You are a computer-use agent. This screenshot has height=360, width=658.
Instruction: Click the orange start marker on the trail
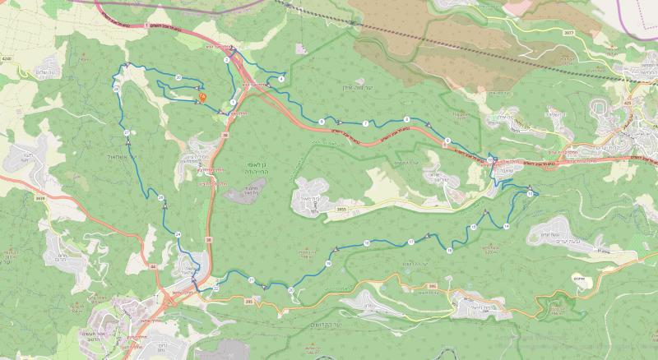click(202, 98)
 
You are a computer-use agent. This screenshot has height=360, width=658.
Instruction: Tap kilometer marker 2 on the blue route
click(225, 60)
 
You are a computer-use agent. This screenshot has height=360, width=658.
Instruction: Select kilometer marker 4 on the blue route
click(281, 78)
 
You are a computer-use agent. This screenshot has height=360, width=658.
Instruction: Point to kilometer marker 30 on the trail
click(178, 76)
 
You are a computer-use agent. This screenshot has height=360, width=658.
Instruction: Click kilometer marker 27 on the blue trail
click(126, 132)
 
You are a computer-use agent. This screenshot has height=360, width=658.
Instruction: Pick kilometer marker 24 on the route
click(178, 235)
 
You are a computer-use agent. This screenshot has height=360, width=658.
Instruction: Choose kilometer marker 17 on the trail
click(410, 242)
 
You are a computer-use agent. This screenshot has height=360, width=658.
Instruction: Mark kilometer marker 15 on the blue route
click(474, 227)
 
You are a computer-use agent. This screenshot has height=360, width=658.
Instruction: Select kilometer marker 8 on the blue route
click(406, 120)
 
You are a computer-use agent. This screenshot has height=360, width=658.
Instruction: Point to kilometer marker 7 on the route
click(364, 123)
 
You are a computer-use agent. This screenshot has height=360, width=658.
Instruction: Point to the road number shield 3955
click(341, 210)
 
